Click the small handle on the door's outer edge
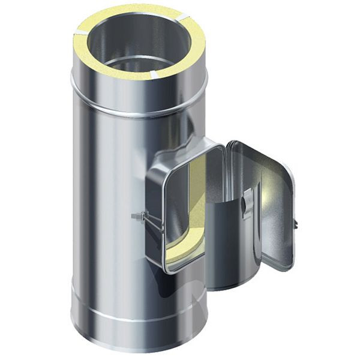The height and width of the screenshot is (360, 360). click(x=296, y=223)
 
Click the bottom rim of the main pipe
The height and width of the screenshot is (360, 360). click(x=138, y=348)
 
